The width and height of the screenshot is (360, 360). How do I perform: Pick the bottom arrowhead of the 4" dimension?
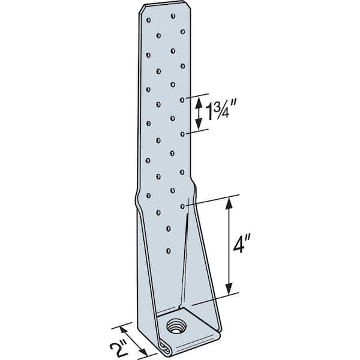click(228, 290)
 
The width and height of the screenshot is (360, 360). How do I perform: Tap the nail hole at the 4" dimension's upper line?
click(182, 206)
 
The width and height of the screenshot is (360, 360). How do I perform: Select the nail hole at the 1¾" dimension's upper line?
click(182, 99)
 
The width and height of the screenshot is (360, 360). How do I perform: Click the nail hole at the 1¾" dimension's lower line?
click(182, 134)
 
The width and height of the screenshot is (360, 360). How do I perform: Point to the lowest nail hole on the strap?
click(169, 251)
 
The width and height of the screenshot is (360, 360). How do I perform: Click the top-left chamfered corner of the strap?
click(142, 8)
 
